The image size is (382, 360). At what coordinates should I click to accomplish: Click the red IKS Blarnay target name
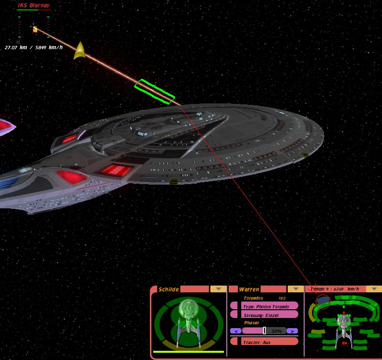[34, 5]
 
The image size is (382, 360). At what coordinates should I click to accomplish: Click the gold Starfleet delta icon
[79, 51]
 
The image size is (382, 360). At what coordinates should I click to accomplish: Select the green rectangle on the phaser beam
[154, 91]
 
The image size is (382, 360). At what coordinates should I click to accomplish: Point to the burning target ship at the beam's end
[35, 29]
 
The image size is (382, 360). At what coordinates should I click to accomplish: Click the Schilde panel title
[169, 289]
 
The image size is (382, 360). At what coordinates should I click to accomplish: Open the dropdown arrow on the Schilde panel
[218, 289]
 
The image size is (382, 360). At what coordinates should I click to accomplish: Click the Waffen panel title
[249, 289]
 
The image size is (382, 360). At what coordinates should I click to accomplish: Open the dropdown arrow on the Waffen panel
[296, 289]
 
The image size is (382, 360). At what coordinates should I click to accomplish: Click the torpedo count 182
[282, 298]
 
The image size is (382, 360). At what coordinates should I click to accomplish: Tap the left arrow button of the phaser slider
[235, 331]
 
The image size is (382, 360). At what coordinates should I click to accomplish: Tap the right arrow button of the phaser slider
[293, 331]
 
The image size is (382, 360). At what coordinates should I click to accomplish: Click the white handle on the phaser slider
[264, 331]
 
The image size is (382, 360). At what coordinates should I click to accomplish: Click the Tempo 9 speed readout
[335, 289]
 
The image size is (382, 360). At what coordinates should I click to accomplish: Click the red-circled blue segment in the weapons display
[323, 301]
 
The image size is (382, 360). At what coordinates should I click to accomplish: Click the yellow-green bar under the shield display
[188, 351]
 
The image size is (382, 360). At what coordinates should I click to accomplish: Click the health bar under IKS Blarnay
[34, 10]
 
